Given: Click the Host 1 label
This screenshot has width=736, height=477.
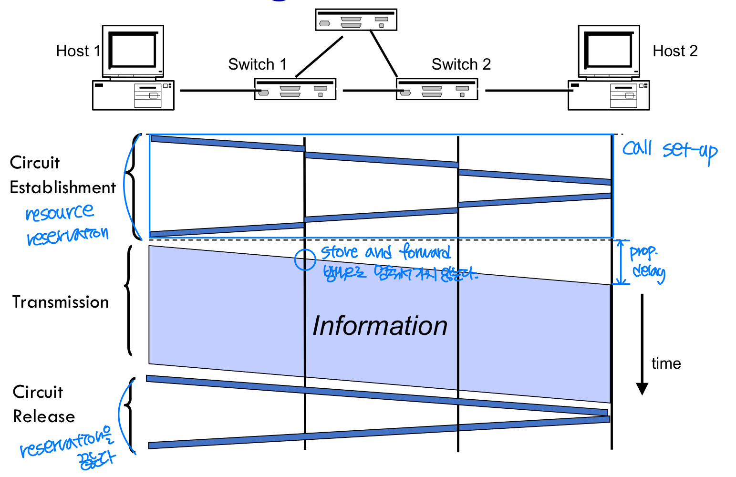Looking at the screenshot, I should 78,51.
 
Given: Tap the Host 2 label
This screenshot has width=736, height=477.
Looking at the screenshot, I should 675,51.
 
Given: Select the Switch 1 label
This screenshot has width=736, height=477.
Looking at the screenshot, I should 257,64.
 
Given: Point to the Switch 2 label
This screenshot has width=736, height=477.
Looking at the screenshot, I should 461,64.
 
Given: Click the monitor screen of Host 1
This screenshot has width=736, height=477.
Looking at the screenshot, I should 133,50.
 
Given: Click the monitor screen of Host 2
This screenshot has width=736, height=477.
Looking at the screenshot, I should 609,50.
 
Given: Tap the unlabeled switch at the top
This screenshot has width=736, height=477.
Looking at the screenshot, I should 356,20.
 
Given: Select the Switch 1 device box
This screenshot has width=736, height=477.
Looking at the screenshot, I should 295,89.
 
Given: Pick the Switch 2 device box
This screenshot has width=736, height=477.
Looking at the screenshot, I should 437,89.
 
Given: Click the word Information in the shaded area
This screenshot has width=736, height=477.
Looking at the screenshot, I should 380,326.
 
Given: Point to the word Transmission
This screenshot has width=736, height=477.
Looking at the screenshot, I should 61,302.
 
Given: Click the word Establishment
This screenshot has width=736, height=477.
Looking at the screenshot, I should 62,188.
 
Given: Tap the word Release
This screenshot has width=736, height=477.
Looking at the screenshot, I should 44,417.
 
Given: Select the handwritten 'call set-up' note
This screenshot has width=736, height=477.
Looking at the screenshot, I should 670,150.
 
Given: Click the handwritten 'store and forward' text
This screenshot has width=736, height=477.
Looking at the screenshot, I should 385,252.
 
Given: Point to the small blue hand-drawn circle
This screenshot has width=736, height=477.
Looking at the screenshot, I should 305,260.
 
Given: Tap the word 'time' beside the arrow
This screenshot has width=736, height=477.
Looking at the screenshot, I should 666,364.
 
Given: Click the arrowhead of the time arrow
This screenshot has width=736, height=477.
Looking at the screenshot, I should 642,388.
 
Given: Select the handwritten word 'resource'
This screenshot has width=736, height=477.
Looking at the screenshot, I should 60,212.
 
